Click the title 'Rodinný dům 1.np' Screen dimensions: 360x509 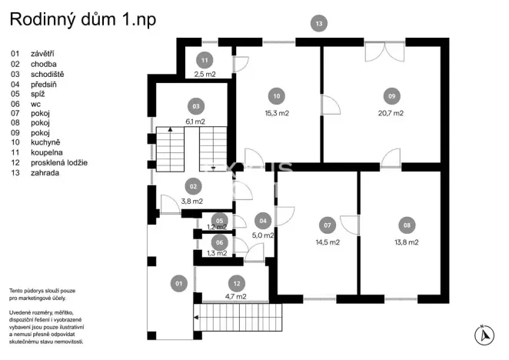click(82, 20)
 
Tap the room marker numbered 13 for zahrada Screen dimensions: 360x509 click(319, 24)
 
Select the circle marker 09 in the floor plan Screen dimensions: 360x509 click(391, 96)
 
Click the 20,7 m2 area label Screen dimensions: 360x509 click(391, 113)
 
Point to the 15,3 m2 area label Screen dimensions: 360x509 click(277, 113)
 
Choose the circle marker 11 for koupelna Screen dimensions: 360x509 click(204, 60)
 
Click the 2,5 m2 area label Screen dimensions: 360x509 click(204, 75)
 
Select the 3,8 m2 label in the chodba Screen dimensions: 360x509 click(191, 202)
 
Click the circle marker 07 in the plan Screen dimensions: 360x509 click(328, 225)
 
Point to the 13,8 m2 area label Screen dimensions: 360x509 click(406, 242)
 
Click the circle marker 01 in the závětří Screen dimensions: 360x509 click(178, 284)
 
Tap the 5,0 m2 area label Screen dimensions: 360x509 click(264, 236)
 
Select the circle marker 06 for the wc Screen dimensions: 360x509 click(219, 242)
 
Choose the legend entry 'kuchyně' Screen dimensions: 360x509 click(46, 143)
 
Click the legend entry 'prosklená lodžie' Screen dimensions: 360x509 click(59, 163)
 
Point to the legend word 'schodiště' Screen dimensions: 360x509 click(48, 74)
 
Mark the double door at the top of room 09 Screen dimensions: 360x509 click(382, 52)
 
